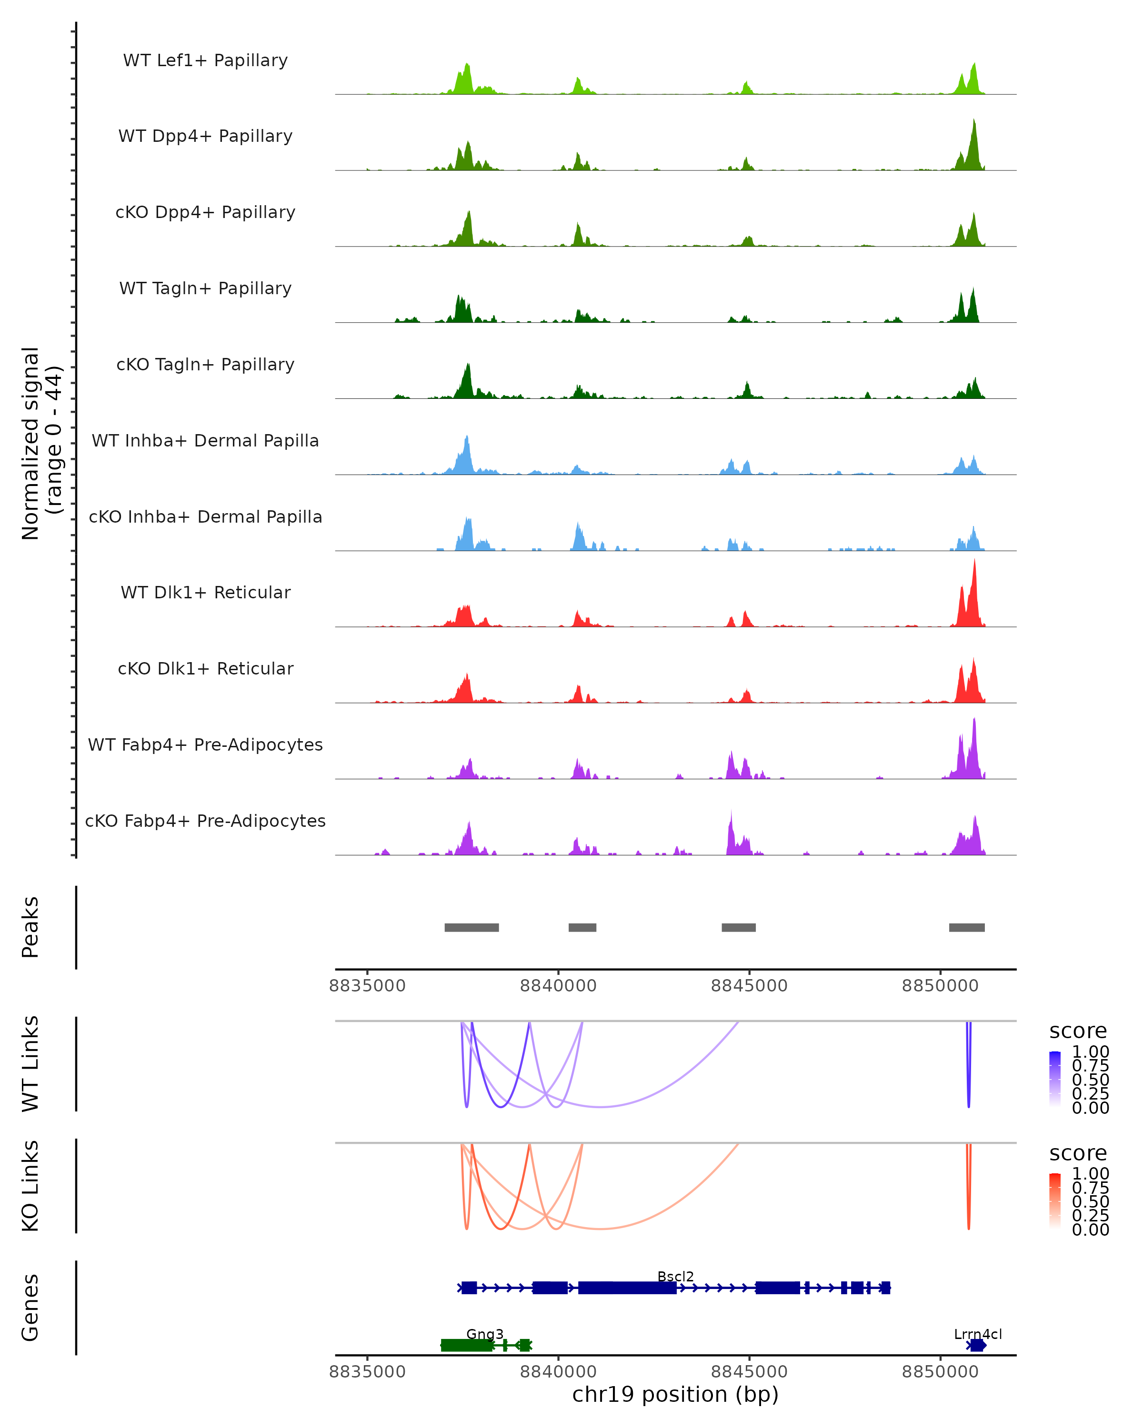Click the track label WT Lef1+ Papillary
(x=205, y=60)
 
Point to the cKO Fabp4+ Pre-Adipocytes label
(x=205, y=821)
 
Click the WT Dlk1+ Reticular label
(x=205, y=592)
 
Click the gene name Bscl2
(x=675, y=1276)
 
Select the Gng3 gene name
(x=484, y=1334)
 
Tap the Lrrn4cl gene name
(x=977, y=1334)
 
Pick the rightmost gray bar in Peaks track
(x=966, y=927)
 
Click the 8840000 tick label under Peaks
(x=558, y=986)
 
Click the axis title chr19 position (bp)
(x=675, y=1394)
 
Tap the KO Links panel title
(x=30, y=1186)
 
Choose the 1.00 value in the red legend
(x=1090, y=1174)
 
